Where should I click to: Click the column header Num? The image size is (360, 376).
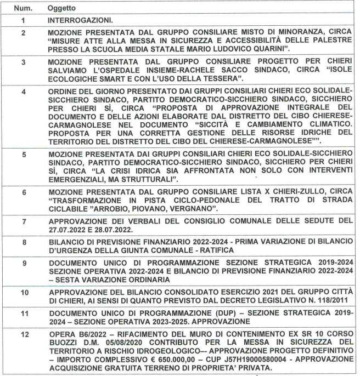[x=22, y=9]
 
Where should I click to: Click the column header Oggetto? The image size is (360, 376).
[x=60, y=9]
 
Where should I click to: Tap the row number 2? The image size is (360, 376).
[x=22, y=33]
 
